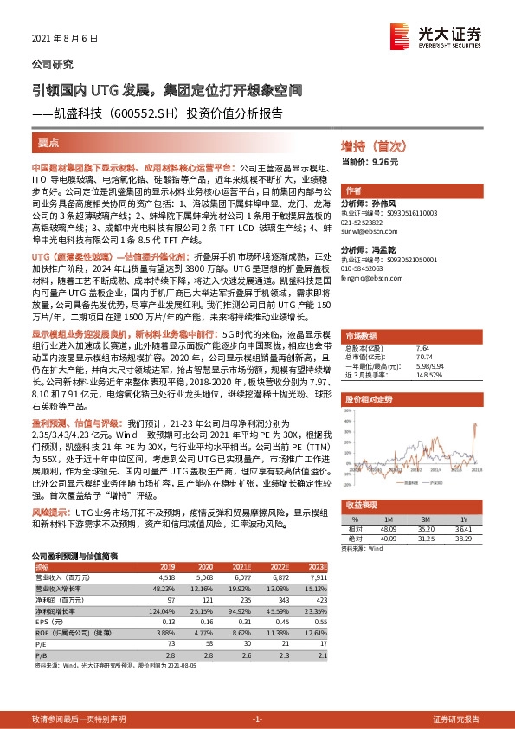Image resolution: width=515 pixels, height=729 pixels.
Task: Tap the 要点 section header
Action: [x=49, y=141]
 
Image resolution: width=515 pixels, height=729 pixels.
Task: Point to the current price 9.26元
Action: [x=370, y=162]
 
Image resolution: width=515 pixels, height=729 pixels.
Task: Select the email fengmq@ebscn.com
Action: [x=364, y=280]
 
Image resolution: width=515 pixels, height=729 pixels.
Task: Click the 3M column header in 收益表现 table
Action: [x=424, y=518]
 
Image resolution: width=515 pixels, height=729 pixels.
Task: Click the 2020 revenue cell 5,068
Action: [x=203, y=575]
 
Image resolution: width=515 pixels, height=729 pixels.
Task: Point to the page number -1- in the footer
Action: [x=257, y=719]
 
